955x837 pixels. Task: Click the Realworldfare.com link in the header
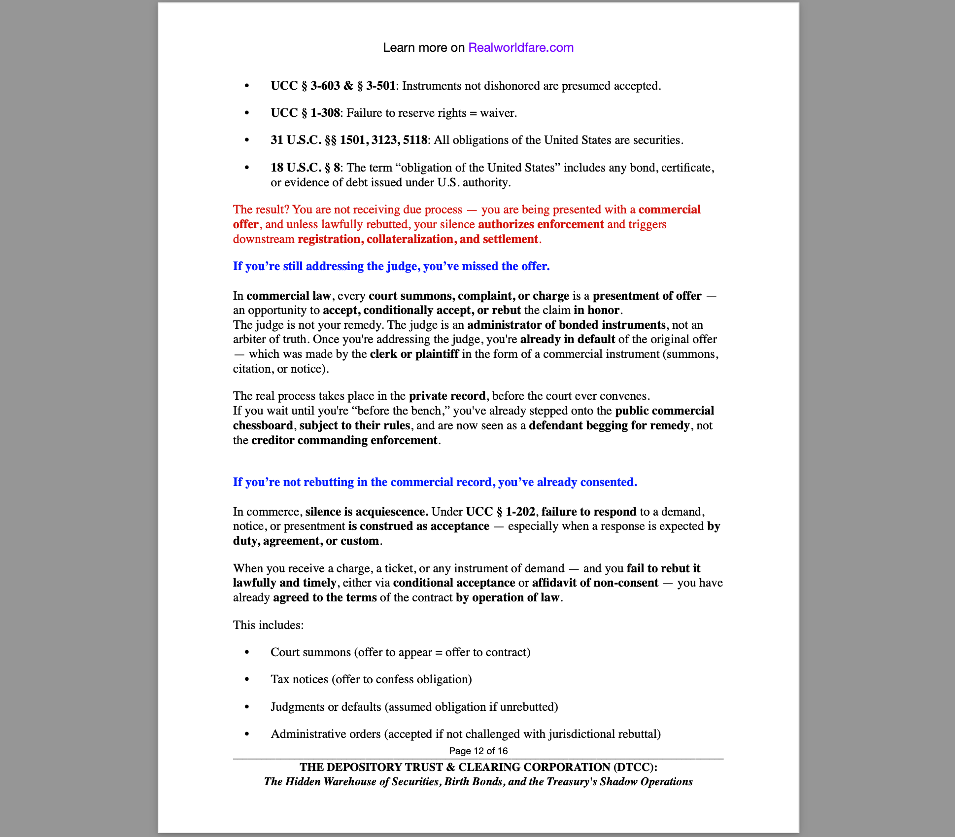[x=520, y=47]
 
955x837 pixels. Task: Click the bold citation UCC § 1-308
[x=305, y=113]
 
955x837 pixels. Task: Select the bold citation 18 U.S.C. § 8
[x=305, y=168]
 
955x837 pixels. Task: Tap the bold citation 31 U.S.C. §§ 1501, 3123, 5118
[x=348, y=140]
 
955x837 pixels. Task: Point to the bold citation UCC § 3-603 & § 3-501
[x=333, y=86]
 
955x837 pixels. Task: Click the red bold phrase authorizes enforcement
[x=541, y=224]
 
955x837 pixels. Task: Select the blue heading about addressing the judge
[x=391, y=266]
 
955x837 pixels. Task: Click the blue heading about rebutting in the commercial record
[x=435, y=482]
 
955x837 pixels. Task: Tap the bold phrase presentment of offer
[x=647, y=296]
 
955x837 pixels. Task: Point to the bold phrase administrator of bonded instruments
[x=566, y=325]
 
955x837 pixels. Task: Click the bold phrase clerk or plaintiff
[x=414, y=354]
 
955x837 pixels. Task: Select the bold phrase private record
[x=447, y=396]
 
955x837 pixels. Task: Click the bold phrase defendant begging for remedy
[x=609, y=425]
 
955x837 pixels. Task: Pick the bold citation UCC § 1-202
[x=500, y=512]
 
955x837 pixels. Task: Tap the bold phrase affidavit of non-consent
[x=595, y=583]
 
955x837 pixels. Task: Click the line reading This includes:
[x=268, y=625]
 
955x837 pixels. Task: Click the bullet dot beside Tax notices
[x=247, y=680]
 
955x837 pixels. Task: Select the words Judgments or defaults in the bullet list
[x=326, y=707]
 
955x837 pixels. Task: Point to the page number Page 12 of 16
[x=478, y=751]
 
